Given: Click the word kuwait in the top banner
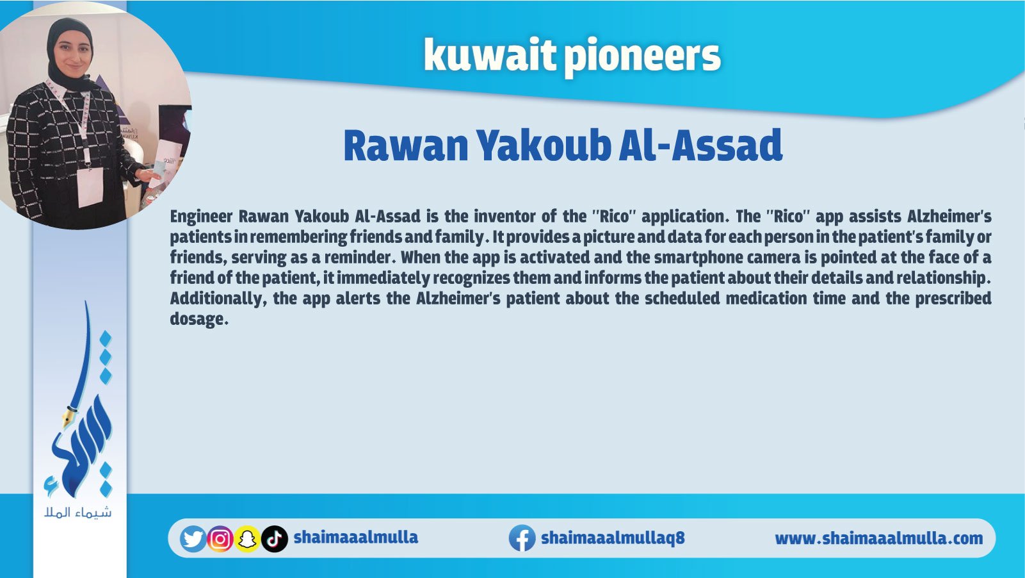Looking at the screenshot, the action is [x=490, y=56].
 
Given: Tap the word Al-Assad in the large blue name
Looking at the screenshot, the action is [x=700, y=145].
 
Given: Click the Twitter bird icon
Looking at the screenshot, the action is [x=193, y=539].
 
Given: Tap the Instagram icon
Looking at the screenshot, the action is [x=220, y=539].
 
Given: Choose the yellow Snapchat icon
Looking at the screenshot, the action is [x=247, y=539].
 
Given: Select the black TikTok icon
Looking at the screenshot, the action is [x=275, y=539].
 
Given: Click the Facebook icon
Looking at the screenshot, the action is [x=522, y=538].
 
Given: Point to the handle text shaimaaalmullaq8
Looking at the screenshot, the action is [x=613, y=538].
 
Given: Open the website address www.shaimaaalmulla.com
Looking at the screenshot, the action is [x=878, y=538].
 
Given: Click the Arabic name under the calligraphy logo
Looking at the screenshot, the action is [x=78, y=513].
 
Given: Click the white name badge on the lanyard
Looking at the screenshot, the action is [x=90, y=187].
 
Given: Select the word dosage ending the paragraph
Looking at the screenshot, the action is [x=199, y=319].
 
